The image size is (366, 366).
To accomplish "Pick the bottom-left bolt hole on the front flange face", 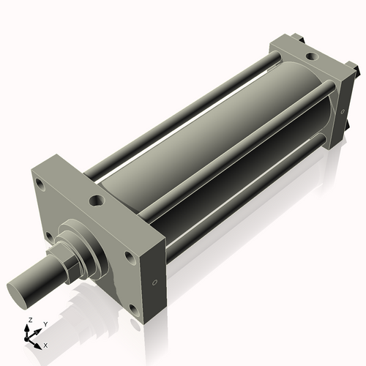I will click(x=49, y=236).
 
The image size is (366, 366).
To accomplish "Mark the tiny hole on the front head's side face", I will click(x=154, y=283).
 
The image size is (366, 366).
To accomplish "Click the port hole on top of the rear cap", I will click(x=312, y=56).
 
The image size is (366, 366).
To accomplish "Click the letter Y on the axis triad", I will click(x=45, y=324).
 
